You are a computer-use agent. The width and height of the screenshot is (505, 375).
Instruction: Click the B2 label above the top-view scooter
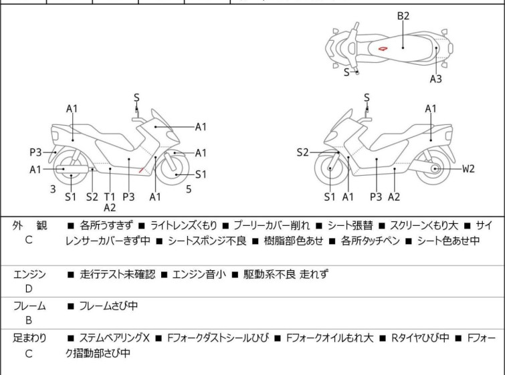pyautogui.click(x=403, y=16)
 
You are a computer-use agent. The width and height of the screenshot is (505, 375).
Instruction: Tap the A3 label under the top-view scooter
pyautogui.click(x=435, y=78)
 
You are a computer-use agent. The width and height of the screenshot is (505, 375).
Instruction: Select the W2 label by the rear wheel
pyautogui.click(x=468, y=168)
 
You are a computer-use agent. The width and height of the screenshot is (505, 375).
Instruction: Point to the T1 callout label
pyautogui.click(x=110, y=197)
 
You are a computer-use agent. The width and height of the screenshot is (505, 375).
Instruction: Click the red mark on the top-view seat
pyautogui.click(x=383, y=49)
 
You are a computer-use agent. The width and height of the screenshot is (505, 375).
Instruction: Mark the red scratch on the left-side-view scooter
pyautogui.click(x=140, y=170)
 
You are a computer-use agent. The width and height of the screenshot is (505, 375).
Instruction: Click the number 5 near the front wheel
pyautogui.click(x=189, y=189)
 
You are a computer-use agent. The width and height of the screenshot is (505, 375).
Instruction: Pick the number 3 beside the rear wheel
pyautogui.click(x=53, y=189)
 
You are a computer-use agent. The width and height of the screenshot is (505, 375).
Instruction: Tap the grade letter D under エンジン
pyautogui.click(x=29, y=289)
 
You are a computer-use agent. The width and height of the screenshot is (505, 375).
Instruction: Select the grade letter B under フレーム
pyautogui.click(x=29, y=320)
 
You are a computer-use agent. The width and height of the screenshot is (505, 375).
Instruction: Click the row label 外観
pyautogui.click(x=29, y=225)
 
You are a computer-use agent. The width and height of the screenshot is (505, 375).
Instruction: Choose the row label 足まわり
pyautogui.click(x=29, y=338)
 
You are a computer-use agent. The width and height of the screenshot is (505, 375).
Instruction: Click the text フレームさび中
pyautogui.click(x=108, y=305)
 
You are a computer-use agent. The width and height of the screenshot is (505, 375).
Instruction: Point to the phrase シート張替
pyautogui.click(x=350, y=225)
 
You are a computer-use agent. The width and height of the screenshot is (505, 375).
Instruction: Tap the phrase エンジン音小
pyautogui.click(x=199, y=274)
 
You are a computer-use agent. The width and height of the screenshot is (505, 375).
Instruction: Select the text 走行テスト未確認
pyautogui.click(x=118, y=274)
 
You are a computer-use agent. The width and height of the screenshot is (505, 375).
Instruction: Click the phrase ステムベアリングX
pyautogui.click(x=114, y=338)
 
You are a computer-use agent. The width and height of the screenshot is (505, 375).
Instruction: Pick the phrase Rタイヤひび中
pyautogui.click(x=420, y=338)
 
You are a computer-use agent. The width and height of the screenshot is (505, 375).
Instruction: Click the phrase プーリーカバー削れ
pyautogui.click(x=272, y=225)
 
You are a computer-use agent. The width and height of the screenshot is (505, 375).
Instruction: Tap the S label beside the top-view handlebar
pyautogui.click(x=346, y=72)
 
